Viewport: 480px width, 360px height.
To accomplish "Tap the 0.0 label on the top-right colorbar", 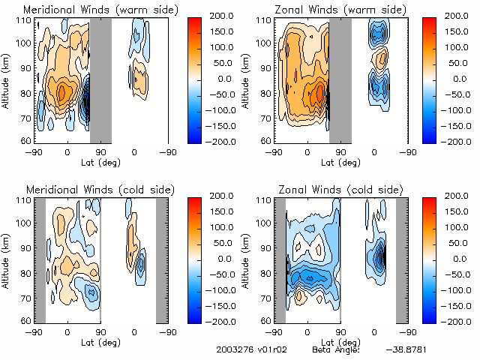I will click(459, 79).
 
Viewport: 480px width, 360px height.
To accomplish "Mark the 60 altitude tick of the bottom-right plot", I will click(266, 320).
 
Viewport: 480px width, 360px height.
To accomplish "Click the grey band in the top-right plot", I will click(340, 79).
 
